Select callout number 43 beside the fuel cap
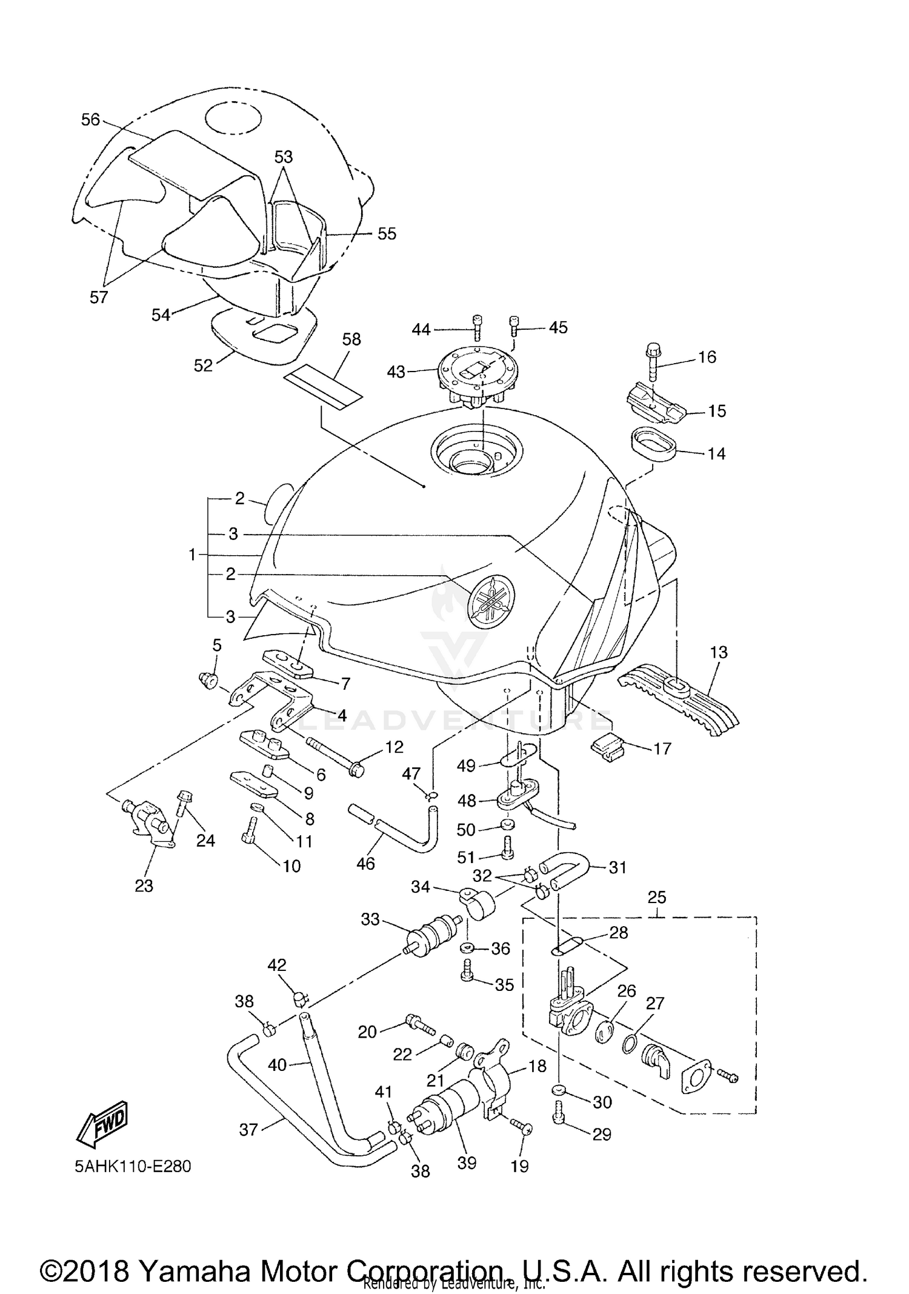(396, 372)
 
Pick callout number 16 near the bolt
(707, 357)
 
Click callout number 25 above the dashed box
(657, 897)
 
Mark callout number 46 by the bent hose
(365, 863)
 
